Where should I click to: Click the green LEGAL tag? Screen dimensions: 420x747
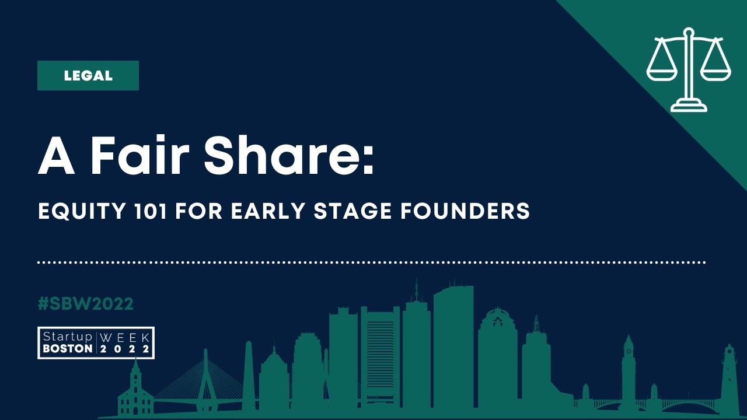point(88,76)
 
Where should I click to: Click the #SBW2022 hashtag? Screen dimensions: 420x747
point(85,304)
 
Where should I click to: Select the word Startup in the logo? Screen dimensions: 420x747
point(67,337)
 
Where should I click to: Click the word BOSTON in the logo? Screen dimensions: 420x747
point(67,349)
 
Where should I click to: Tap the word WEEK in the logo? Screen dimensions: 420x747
point(125,337)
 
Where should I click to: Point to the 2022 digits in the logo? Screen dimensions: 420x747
point(125,349)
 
